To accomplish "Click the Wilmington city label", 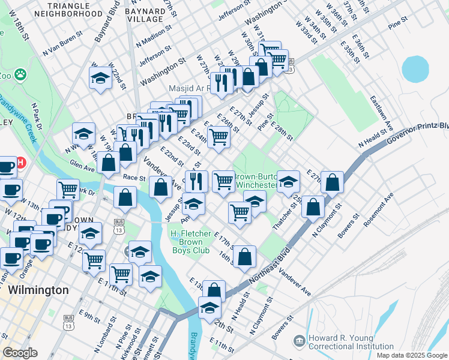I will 38,290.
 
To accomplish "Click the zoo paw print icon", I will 20,74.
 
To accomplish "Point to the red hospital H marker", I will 20,163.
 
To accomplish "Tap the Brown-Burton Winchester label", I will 257,181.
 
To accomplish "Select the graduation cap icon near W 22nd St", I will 101,77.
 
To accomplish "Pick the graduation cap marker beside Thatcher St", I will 289,181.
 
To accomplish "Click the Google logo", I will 20,353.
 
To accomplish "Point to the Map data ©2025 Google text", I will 412,355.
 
